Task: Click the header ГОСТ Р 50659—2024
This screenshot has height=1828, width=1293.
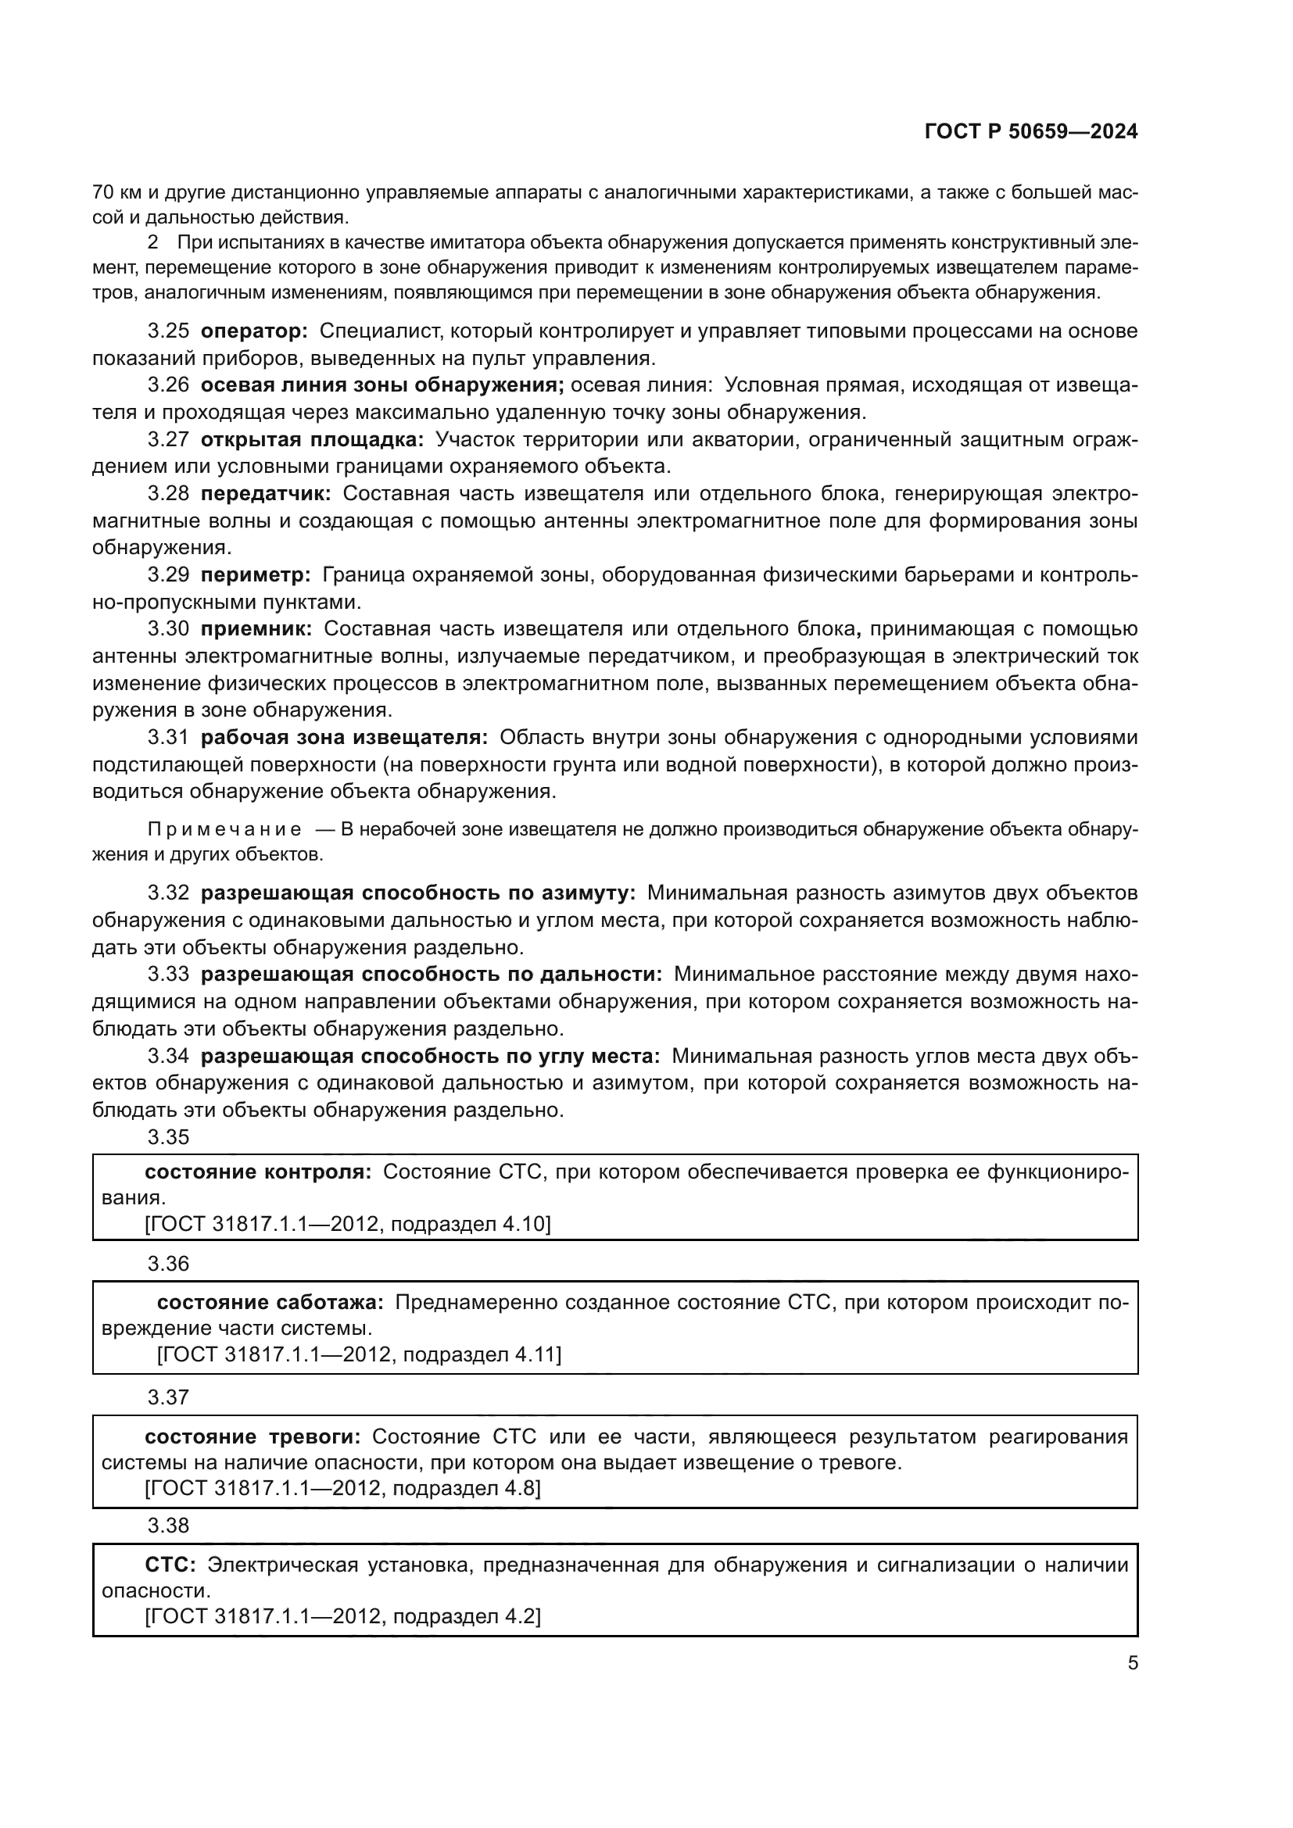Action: coord(1031,132)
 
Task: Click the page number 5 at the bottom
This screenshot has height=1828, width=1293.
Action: coord(1132,1663)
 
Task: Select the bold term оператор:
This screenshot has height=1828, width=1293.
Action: coord(253,331)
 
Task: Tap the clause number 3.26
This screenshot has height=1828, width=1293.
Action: coord(168,385)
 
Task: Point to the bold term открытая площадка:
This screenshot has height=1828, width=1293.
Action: coord(312,439)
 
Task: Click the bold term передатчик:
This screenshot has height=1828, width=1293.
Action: coord(265,494)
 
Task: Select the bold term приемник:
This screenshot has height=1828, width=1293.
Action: coord(256,629)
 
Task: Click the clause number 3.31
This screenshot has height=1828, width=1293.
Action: coord(168,737)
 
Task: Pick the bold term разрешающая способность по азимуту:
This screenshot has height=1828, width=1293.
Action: coord(418,893)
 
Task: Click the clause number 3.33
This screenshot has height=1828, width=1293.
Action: coord(168,975)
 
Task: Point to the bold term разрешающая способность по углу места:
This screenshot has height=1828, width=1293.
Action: coord(430,1056)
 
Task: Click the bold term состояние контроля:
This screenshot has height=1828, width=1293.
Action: coord(258,1172)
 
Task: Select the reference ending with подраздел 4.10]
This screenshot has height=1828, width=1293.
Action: coord(347,1224)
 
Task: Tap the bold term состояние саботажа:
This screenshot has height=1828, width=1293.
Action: coord(270,1303)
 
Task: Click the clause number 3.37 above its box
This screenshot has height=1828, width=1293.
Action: coord(168,1397)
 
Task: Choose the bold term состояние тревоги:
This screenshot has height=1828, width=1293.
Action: coord(253,1437)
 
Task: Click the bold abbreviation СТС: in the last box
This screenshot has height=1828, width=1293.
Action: coord(170,1565)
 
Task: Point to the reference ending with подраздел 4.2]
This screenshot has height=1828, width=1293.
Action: coord(342,1617)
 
